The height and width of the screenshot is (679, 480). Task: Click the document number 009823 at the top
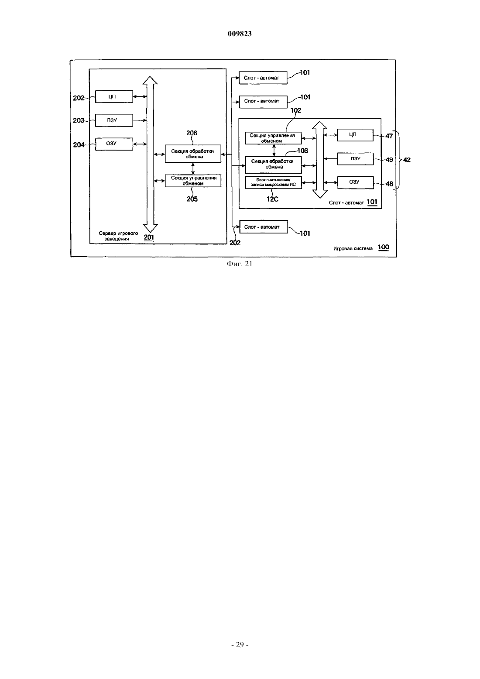pyautogui.click(x=240, y=34)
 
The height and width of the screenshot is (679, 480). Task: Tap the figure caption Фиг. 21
pyautogui.click(x=240, y=264)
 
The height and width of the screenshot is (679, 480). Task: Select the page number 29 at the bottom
pyautogui.click(x=240, y=645)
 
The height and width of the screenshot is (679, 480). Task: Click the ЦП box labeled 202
pyautogui.click(x=114, y=97)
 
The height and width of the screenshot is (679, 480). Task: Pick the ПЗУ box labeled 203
pyautogui.click(x=114, y=120)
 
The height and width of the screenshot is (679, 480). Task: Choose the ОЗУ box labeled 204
pyautogui.click(x=114, y=144)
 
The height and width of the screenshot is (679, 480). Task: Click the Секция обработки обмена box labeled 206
pyautogui.click(x=193, y=154)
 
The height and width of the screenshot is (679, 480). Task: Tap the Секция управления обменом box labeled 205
pyautogui.click(x=193, y=181)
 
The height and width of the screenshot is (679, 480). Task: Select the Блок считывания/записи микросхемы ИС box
pyautogui.click(x=273, y=182)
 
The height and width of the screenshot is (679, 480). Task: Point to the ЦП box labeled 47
pyautogui.click(x=355, y=135)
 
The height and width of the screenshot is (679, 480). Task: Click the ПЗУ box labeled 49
pyautogui.click(x=355, y=159)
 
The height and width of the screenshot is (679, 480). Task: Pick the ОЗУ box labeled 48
pyautogui.click(x=355, y=182)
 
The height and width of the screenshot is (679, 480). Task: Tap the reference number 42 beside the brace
pyautogui.click(x=407, y=160)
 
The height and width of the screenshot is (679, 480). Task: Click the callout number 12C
pyautogui.click(x=272, y=199)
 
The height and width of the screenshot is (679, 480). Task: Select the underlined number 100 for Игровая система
pyautogui.click(x=383, y=247)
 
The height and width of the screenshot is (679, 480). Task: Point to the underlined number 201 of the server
pyautogui.click(x=149, y=237)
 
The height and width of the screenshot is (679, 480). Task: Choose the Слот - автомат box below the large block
pyautogui.click(x=264, y=227)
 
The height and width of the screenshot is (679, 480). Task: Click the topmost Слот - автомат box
pyautogui.click(x=263, y=78)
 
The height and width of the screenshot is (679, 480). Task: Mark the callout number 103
pyautogui.click(x=302, y=151)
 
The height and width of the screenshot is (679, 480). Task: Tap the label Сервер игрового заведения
pyautogui.click(x=118, y=236)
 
